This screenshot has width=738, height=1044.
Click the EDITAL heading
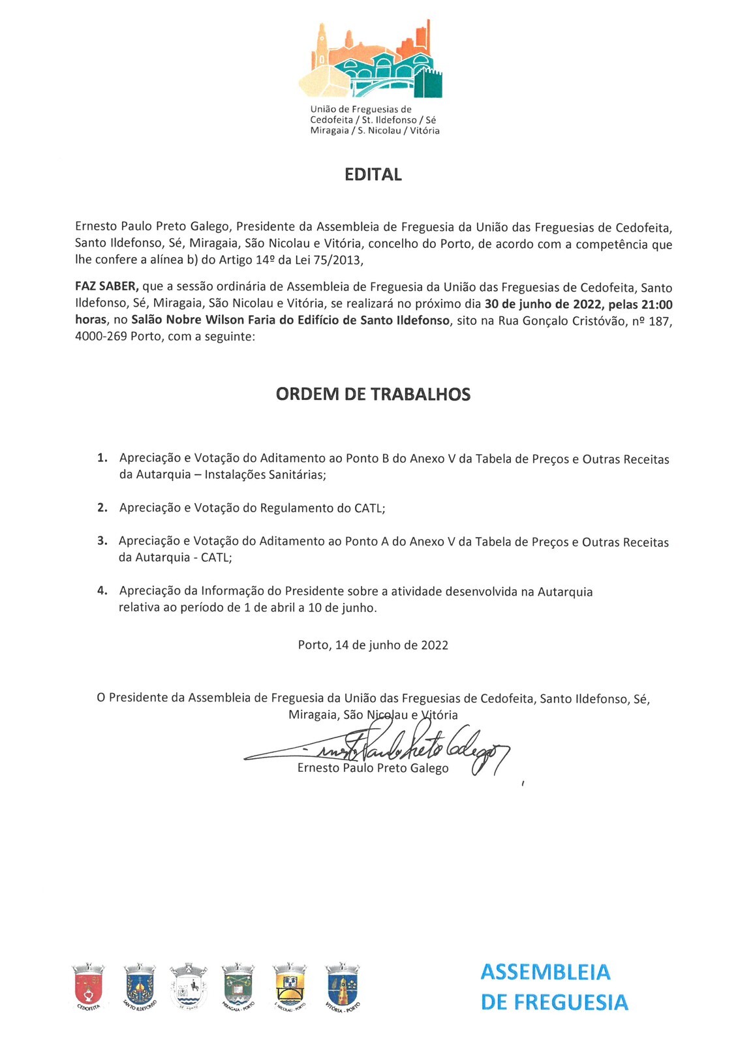(x=373, y=174)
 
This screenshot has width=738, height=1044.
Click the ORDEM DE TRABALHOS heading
(x=373, y=394)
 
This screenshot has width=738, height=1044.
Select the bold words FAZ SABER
(x=106, y=287)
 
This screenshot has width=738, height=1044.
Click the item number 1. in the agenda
(x=102, y=458)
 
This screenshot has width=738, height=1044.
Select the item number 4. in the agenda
(x=102, y=591)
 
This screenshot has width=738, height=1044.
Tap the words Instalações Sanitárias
(x=265, y=475)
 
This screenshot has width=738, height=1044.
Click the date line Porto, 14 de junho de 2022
(x=373, y=645)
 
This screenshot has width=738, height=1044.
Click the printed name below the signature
(x=373, y=768)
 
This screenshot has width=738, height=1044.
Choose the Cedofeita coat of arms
(x=88, y=985)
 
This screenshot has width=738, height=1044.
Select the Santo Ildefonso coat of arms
(x=140, y=985)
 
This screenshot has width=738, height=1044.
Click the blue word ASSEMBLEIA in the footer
(x=546, y=972)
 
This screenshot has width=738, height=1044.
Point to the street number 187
(x=660, y=321)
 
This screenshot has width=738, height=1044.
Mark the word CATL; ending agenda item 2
(x=369, y=508)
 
